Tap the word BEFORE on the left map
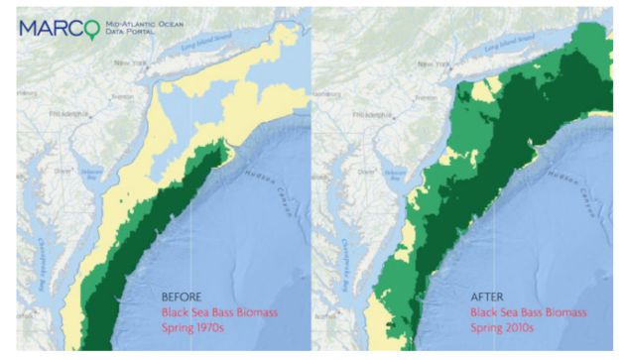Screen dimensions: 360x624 [x=183, y=296]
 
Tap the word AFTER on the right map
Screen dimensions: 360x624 [x=484, y=296]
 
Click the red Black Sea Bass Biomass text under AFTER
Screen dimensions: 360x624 [x=521, y=311]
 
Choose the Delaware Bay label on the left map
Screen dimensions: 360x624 [x=92, y=172]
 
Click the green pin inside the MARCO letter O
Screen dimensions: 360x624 [x=94, y=28]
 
